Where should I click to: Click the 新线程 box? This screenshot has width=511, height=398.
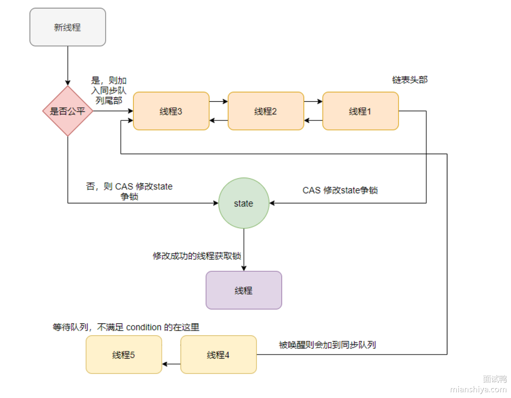68,27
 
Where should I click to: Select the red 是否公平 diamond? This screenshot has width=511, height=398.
68,111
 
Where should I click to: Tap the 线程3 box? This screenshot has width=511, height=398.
171,111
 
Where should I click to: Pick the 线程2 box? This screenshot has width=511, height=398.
266,111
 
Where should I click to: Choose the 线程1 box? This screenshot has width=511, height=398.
360,111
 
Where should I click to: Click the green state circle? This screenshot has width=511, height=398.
244,203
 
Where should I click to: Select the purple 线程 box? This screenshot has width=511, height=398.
244,290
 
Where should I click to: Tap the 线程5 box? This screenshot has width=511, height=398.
124,355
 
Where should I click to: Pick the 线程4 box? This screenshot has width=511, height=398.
218,355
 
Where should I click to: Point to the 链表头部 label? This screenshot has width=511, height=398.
410,80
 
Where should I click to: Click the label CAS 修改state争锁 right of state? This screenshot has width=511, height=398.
340,190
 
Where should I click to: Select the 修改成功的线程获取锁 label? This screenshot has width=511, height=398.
197,256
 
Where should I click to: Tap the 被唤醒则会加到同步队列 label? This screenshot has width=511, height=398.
327,345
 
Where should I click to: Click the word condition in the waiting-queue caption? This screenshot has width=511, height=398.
144,327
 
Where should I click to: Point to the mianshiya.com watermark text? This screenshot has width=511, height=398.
478,389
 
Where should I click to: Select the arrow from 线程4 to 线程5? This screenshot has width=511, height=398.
171,364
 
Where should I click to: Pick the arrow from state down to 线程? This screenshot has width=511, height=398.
244,250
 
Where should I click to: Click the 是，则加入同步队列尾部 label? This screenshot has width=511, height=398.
109,90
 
